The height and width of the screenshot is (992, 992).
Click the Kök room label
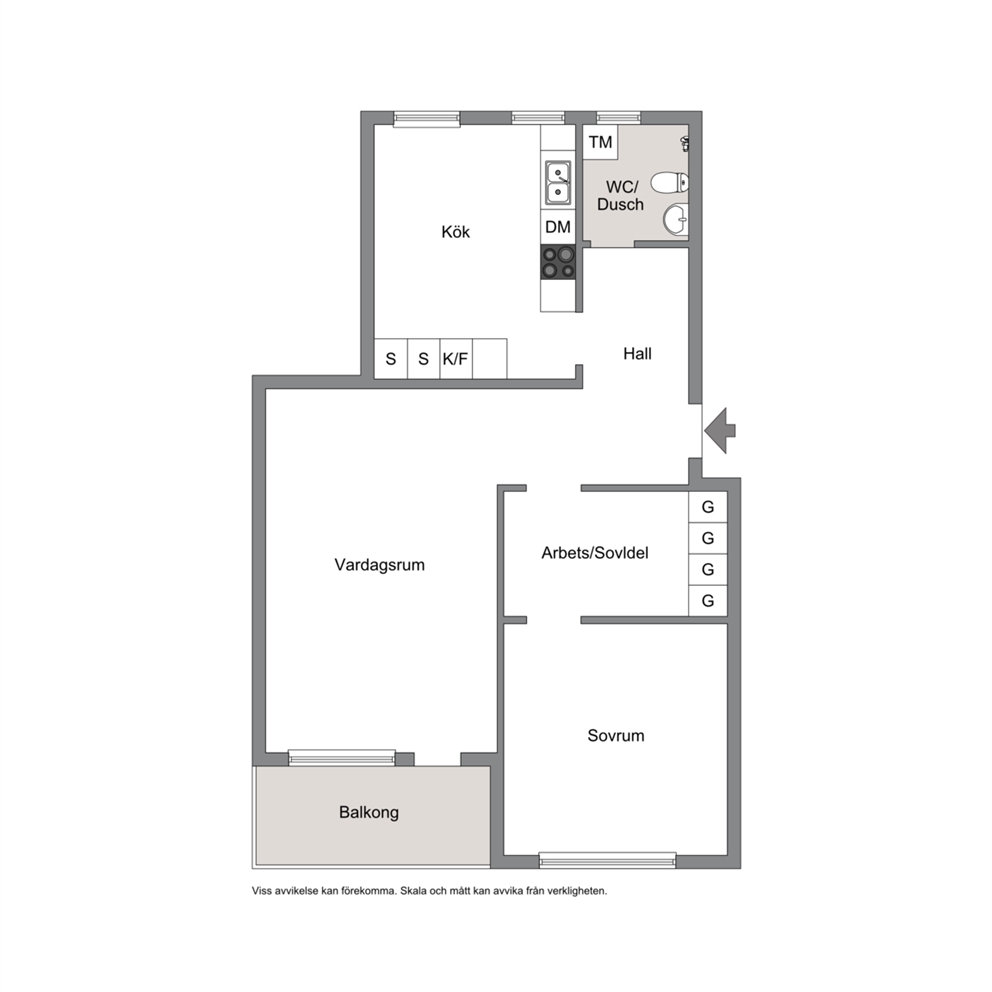tap(456, 232)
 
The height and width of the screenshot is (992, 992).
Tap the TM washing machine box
tap(600, 142)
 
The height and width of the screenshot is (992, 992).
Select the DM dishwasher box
tap(557, 227)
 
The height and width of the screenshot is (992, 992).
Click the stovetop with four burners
tap(557, 262)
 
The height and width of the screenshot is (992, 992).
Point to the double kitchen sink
tap(558, 182)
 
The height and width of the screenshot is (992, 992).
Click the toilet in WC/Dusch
tap(669, 183)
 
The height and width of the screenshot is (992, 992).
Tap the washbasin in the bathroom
tap(676, 220)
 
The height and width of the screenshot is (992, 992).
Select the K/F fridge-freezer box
tap(456, 359)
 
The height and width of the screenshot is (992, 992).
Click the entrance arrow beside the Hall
tap(720, 430)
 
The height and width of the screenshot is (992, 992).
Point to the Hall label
tap(637, 354)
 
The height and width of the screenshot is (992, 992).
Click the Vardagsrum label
tap(380, 565)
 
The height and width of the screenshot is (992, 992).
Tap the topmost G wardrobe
tap(707, 507)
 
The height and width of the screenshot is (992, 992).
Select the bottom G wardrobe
tap(707, 600)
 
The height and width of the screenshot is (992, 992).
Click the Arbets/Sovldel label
tap(595, 553)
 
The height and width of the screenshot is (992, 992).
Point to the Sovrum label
tap(616, 735)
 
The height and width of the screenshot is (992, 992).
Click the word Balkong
tap(369, 812)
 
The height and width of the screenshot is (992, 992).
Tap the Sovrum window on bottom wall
tap(607, 860)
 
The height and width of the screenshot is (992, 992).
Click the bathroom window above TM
tap(618, 118)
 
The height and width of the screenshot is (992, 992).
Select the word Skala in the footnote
tap(413, 891)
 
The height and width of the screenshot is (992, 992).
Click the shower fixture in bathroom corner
tap(685, 143)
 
